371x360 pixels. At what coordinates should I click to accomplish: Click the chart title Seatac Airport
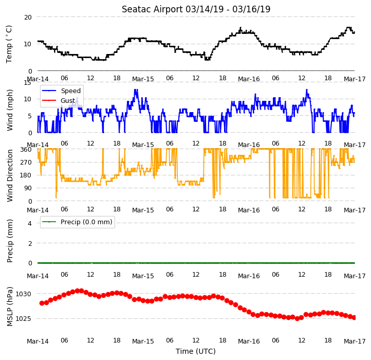coord(152,9)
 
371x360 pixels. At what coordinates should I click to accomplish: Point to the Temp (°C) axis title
coord(9,44)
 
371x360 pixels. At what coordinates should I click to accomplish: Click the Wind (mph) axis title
coord(10,110)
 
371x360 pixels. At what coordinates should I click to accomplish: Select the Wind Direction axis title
coord(10,175)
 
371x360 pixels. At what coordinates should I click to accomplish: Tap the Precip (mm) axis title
coord(10,241)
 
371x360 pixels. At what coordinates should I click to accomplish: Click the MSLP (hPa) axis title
coord(10,307)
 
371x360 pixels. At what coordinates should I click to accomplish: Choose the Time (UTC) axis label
coord(196,351)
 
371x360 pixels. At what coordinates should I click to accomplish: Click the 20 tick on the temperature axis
coord(28,17)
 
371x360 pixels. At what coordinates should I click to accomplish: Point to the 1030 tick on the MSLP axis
coord(24,294)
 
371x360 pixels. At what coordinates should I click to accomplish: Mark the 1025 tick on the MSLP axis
coord(24,318)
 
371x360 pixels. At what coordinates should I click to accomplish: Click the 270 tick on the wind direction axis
coord(26,163)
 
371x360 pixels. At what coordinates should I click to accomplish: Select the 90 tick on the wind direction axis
coord(28,188)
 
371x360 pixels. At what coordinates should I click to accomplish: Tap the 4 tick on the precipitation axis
coord(30,223)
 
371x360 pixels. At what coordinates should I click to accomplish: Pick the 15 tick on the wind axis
coord(27,83)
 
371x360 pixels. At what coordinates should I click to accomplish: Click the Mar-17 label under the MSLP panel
coord(355,341)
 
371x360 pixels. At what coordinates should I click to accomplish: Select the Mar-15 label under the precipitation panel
coord(143,276)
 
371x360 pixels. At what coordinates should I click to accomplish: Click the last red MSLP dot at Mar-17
coord(354,318)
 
